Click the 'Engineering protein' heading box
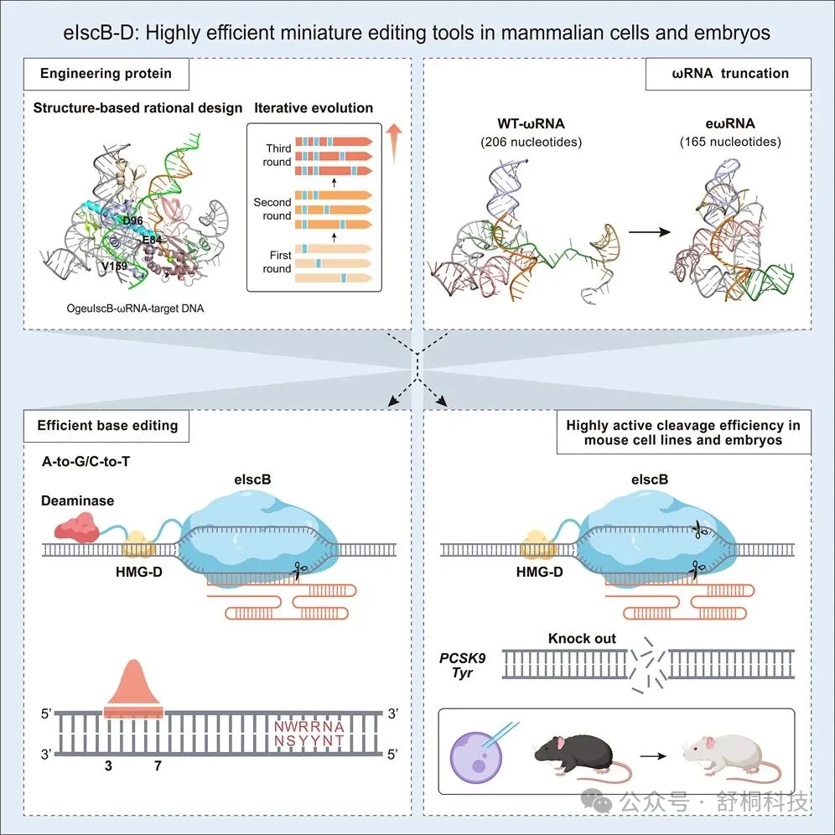click(106, 74)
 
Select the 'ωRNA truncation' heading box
click(729, 74)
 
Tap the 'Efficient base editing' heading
click(107, 425)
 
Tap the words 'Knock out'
click(582, 639)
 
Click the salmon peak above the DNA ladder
click(133, 687)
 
